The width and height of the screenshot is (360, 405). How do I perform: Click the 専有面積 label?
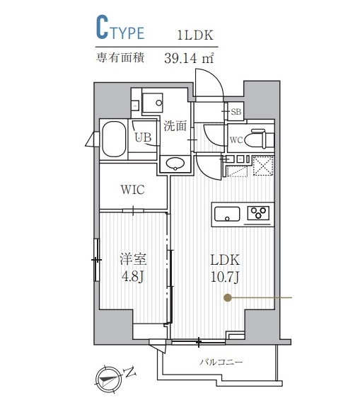coord(120,59)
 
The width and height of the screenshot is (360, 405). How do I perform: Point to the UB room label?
coord(144,138)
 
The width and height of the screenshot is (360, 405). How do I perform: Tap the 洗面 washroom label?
coord(175,127)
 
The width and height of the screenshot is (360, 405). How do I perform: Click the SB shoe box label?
coord(236,110)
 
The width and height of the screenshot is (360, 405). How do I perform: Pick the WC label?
coord(236,140)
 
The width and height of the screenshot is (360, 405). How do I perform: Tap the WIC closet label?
coord(133,190)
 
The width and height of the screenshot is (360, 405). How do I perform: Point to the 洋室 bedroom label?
coord(132,259)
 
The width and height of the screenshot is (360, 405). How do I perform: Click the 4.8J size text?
coord(132,276)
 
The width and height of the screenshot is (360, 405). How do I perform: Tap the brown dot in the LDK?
coord(227,299)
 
